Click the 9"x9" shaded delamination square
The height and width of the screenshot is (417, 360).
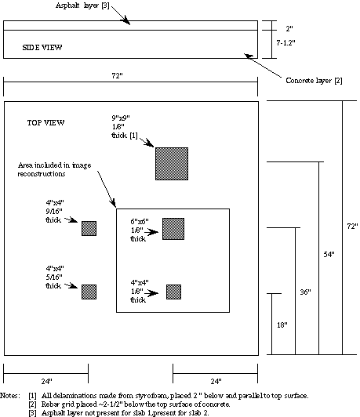(x=172, y=164)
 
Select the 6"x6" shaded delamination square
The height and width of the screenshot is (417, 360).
(x=173, y=229)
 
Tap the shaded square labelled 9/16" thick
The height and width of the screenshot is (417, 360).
(x=89, y=228)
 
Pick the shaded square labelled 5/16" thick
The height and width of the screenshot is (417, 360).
(x=89, y=292)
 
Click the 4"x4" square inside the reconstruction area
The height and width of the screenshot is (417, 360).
(x=174, y=292)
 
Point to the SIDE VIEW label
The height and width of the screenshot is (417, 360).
(x=42, y=48)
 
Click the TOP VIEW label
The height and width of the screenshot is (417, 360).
(x=45, y=122)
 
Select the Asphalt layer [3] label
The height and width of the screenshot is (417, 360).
(x=82, y=5)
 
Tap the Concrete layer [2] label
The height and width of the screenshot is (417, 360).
(x=314, y=81)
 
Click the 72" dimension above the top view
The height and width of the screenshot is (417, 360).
(x=117, y=76)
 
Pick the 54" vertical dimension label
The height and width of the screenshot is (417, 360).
(x=329, y=255)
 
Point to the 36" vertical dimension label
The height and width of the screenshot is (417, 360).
(x=305, y=292)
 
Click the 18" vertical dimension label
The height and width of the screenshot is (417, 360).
(x=282, y=325)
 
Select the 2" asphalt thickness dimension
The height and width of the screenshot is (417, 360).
(x=289, y=28)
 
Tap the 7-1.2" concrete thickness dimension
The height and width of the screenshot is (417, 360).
(x=285, y=43)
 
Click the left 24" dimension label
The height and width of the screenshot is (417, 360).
(x=46, y=382)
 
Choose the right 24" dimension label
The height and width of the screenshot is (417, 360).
(x=216, y=382)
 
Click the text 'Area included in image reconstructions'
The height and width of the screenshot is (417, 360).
(x=55, y=169)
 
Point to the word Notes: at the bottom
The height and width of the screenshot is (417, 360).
(x=10, y=396)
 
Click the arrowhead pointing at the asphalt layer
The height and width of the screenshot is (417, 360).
(x=125, y=20)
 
